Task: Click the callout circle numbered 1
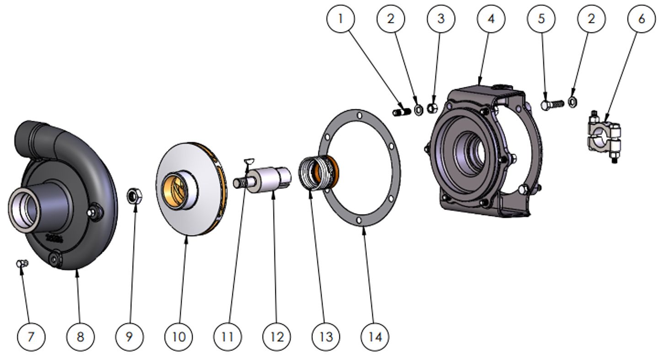coord(340,19)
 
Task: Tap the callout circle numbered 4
coord(491,19)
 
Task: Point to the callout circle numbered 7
coord(31,337)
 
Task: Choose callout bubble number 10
coord(179,337)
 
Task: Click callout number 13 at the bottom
coord(326,337)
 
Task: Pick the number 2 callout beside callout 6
coord(591,19)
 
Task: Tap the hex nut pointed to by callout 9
coord(134,196)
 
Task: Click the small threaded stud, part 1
coord(400,112)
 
